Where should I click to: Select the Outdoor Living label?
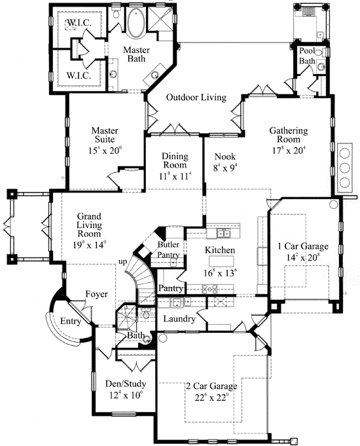point(196,98)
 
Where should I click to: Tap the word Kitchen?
point(219,251)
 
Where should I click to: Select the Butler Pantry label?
point(168,249)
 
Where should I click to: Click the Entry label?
point(70,322)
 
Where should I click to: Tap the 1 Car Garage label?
point(302,246)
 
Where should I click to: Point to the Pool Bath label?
point(307,56)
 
